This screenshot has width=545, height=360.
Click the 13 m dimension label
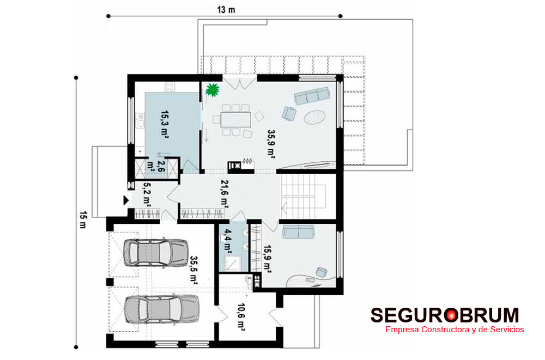click(x=226, y=10)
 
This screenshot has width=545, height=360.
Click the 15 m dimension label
click(x=83, y=219)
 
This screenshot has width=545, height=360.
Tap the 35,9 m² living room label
click(x=271, y=144)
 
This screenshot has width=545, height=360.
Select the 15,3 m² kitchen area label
click(x=165, y=124)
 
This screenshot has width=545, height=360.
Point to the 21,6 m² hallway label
click(x=224, y=194)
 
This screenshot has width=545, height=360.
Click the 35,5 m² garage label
click(x=193, y=270)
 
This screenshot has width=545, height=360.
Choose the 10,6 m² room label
click(x=241, y=318)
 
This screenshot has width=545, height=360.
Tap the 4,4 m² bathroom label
click(x=228, y=240)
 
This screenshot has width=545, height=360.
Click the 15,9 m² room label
click(x=267, y=260)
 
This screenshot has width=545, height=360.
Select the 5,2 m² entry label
click(x=147, y=194)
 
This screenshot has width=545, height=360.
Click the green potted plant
click(x=213, y=90)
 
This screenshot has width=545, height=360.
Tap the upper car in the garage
click(x=156, y=252)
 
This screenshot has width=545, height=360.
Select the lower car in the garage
click(x=162, y=309)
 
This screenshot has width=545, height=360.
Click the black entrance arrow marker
click(x=126, y=200)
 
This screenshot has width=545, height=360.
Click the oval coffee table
click(x=315, y=117)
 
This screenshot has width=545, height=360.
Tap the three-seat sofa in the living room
click(x=312, y=95)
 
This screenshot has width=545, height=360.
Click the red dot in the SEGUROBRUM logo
click(x=451, y=315)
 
